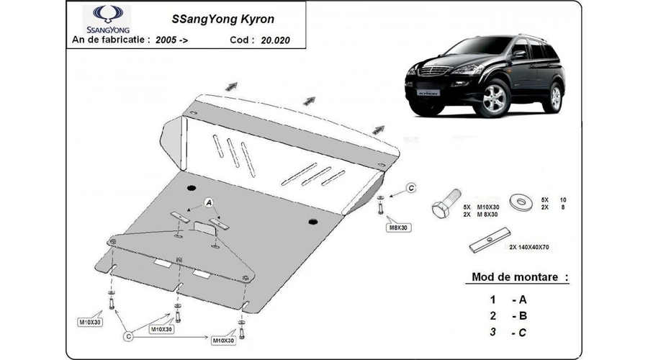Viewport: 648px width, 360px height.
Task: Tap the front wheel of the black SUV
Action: coord(496,100)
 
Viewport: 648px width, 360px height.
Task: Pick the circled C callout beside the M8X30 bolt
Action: coord(411,188)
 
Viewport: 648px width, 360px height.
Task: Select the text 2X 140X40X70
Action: coord(529,247)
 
